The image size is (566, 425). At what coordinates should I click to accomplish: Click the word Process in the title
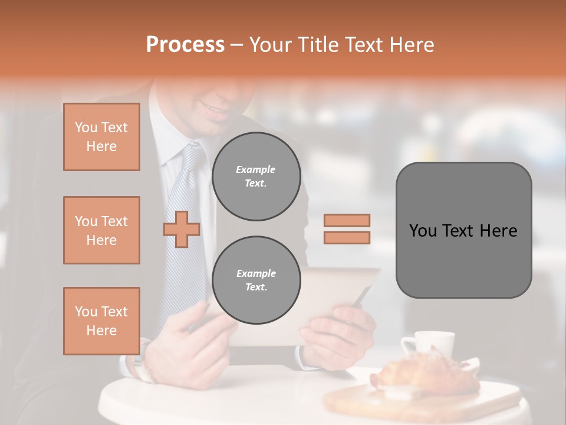185,45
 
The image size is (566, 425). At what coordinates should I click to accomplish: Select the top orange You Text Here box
101,137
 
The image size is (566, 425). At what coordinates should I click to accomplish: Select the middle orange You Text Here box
101,230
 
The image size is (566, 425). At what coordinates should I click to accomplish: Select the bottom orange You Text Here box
101,321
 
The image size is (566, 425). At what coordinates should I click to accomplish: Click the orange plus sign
182,229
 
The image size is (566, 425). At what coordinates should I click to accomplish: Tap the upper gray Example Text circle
256,176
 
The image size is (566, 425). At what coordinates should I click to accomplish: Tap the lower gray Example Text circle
256,280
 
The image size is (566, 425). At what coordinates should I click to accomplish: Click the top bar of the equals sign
347,220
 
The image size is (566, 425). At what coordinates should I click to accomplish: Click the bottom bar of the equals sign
347,237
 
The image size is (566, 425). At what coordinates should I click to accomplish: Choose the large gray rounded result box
463,230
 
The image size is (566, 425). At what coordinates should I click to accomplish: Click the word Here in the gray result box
498,231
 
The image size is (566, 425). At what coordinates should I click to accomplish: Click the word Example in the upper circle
256,169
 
